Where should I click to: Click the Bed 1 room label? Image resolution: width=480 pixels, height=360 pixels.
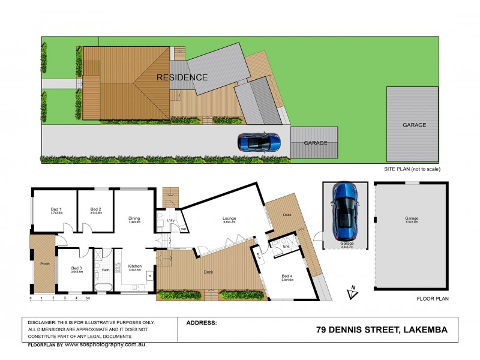click(x=53, y=209)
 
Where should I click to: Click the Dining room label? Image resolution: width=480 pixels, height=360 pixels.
click(x=134, y=218)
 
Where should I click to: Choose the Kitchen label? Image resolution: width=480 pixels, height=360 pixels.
click(x=134, y=267)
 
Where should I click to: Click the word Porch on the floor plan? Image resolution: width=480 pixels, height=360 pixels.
click(x=44, y=263)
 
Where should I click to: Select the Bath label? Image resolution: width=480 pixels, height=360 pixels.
click(x=106, y=270)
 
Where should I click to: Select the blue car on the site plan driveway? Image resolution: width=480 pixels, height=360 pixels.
click(x=259, y=142)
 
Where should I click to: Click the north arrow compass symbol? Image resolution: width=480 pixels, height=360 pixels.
click(x=352, y=292)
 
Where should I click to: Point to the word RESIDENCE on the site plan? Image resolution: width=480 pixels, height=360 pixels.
click(x=182, y=77)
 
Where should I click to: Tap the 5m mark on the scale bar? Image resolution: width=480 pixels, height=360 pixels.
click(x=88, y=298)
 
